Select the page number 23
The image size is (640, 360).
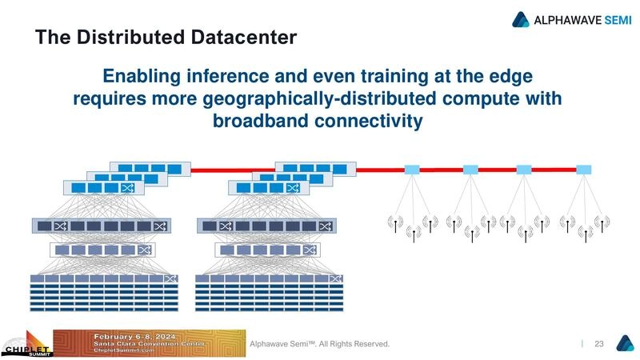tap(598, 343)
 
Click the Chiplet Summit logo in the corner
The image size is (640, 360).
tap(26, 346)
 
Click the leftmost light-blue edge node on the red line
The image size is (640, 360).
tap(413, 170)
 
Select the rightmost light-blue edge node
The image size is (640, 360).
tap(584, 170)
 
